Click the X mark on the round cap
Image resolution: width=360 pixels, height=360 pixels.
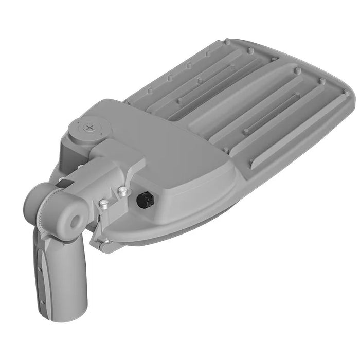point(91,127)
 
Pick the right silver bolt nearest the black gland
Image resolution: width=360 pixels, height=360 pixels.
point(122,192)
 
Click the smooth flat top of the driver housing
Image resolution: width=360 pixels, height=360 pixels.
point(170,149)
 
